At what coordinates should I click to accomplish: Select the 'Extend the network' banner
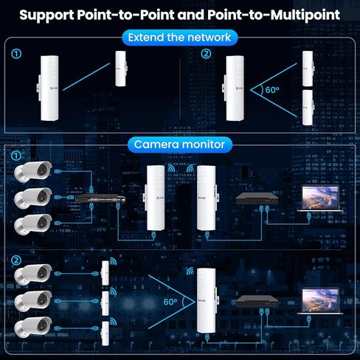(179, 38)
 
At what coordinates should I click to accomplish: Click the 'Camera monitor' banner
(179, 144)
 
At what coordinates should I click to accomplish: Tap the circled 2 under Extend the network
(206, 53)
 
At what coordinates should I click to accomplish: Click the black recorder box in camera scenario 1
(257, 199)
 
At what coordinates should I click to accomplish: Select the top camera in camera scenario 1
(34, 172)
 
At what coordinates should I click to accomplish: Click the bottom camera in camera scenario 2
(34, 324)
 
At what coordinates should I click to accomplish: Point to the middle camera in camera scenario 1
(34, 198)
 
